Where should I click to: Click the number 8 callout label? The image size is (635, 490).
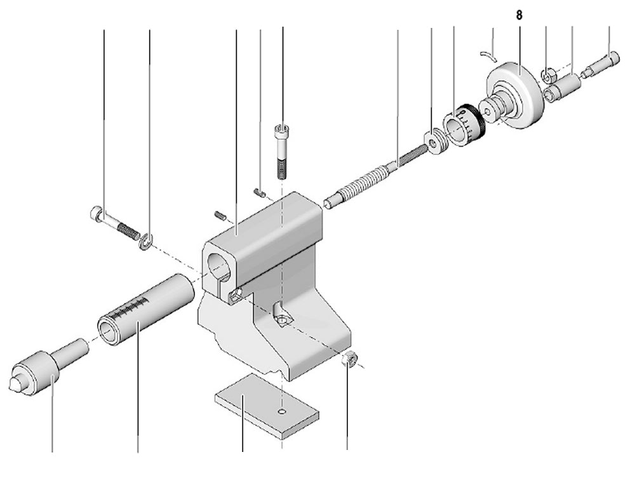519,15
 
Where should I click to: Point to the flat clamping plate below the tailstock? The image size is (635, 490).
266,406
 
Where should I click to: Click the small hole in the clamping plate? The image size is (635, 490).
282,412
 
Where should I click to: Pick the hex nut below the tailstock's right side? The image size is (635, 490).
349,360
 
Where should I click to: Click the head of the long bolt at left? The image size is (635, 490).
96,214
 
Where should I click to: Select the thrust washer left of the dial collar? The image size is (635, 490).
436,142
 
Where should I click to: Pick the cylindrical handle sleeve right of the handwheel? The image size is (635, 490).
564,87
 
